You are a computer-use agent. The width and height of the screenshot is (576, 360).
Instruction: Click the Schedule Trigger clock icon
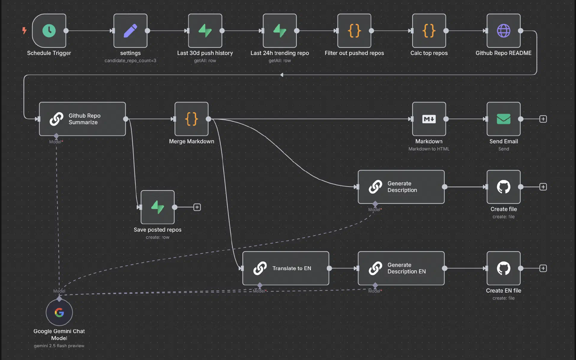pyautogui.click(x=49, y=31)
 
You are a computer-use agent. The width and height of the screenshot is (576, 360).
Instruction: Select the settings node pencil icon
pyautogui.click(x=130, y=31)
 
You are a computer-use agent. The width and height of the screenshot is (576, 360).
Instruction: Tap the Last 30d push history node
pyautogui.click(x=205, y=31)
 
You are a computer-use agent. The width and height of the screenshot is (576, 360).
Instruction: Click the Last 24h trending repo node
pyautogui.click(x=280, y=31)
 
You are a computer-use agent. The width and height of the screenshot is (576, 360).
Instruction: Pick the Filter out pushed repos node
pyautogui.click(x=354, y=31)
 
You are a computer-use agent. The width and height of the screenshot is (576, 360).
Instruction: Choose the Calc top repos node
pyautogui.click(x=429, y=31)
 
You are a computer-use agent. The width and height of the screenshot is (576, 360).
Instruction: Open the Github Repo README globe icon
pyautogui.click(x=504, y=31)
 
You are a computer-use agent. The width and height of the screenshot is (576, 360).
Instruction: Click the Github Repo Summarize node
pyautogui.click(x=82, y=119)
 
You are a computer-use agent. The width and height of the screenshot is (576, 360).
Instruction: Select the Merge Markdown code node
pyautogui.click(x=192, y=119)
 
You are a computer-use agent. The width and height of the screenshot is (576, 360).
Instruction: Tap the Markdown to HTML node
pyautogui.click(x=429, y=119)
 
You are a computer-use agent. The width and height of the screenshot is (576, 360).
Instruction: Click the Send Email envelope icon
pyautogui.click(x=504, y=119)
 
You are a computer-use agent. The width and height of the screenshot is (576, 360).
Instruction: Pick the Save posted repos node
pyautogui.click(x=158, y=207)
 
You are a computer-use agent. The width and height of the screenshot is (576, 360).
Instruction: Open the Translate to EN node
pyautogui.click(x=286, y=268)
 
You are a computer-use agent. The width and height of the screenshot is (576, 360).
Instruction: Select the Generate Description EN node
pyautogui.click(x=401, y=268)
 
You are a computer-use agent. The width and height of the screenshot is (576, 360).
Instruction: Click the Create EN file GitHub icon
pyautogui.click(x=504, y=268)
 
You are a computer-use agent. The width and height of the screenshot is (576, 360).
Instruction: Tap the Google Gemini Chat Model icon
pyautogui.click(x=59, y=312)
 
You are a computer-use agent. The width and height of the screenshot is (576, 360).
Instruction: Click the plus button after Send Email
pyautogui.click(x=543, y=119)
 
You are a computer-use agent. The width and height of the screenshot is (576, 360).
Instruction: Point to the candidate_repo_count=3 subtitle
pyautogui.click(x=130, y=61)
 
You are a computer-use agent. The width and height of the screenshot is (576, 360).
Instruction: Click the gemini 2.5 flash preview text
pyautogui.click(x=59, y=346)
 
